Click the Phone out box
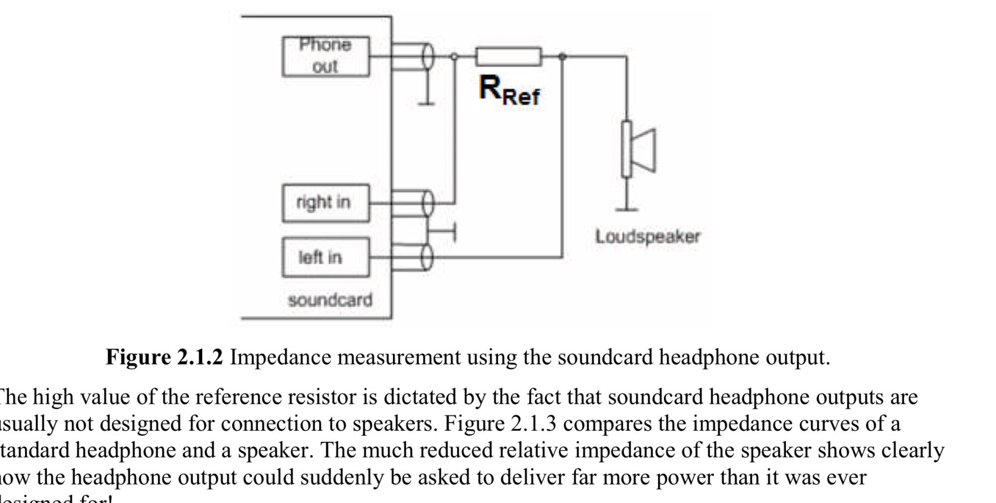[x=326, y=56]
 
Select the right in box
[x=326, y=203]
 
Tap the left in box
[x=326, y=257]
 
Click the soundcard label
[x=330, y=300]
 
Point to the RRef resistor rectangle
[x=508, y=57]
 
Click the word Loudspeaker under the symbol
[x=647, y=236]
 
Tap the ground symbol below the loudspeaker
[x=626, y=209]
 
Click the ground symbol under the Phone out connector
[x=427, y=104]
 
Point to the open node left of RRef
[x=454, y=57]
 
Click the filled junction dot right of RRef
[x=562, y=57]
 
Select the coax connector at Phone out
[x=427, y=57]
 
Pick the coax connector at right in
[x=427, y=203]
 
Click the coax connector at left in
[x=427, y=257]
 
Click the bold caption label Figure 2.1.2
[x=164, y=357]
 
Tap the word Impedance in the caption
[x=282, y=357]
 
